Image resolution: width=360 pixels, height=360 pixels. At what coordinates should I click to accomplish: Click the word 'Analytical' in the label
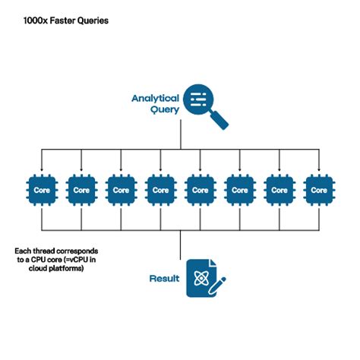click(x=155, y=98)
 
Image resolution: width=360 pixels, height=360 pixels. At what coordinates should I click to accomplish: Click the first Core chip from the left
click(x=41, y=189)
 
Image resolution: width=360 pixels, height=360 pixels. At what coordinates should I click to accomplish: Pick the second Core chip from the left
click(x=81, y=189)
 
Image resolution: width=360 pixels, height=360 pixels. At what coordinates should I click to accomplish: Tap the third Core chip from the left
click(x=120, y=189)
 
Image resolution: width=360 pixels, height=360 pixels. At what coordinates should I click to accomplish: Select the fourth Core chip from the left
click(x=160, y=189)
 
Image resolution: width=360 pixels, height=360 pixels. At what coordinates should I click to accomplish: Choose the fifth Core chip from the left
click(x=200, y=189)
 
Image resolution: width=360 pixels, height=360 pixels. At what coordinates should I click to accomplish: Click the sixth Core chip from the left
click(x=239, y=189)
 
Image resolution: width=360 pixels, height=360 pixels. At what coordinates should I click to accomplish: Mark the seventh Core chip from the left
click(x=279, y=189)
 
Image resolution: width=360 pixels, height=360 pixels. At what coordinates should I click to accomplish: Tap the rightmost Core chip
click(x=318, y=189)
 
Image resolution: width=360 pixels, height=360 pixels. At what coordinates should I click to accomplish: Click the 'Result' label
click(x=164, y=279)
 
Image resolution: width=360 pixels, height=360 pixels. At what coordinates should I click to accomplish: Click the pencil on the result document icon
click(x=218, y=285)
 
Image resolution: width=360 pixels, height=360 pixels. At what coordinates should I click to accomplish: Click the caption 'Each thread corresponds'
click(x=56, y=250)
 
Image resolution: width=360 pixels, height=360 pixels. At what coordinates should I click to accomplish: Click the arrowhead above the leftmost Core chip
click(x=41, y=169)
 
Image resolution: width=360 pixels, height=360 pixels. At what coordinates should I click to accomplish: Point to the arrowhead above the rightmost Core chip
click(x=318, y=169)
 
